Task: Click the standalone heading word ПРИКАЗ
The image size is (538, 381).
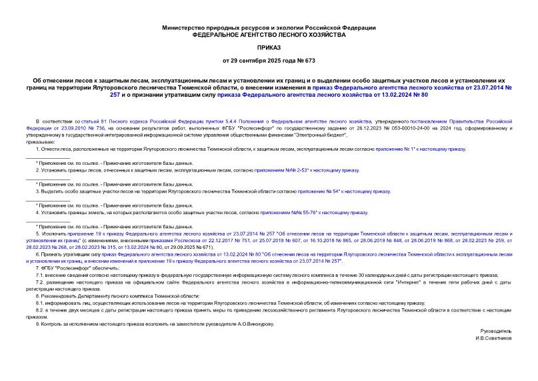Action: (269, 48)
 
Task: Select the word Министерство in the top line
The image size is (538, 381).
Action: (183, 27)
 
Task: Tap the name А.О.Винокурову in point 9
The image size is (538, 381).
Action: (249, 324)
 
